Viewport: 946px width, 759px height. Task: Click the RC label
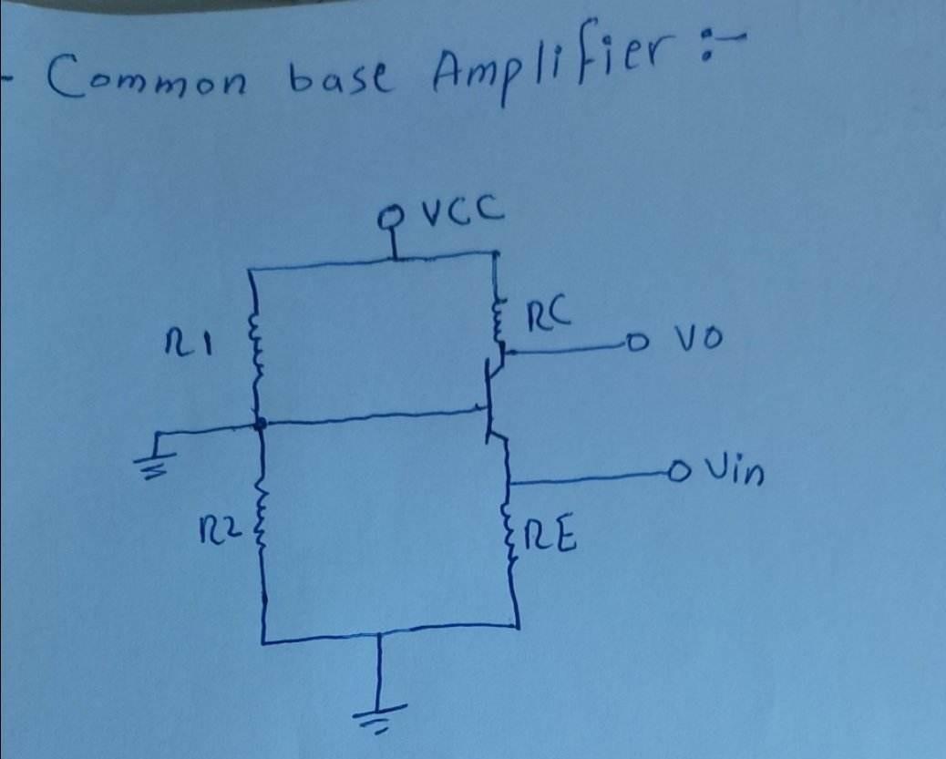(551, 315)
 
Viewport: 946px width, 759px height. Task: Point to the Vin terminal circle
(675, 472)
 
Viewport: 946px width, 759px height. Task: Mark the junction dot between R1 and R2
(261, 424)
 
